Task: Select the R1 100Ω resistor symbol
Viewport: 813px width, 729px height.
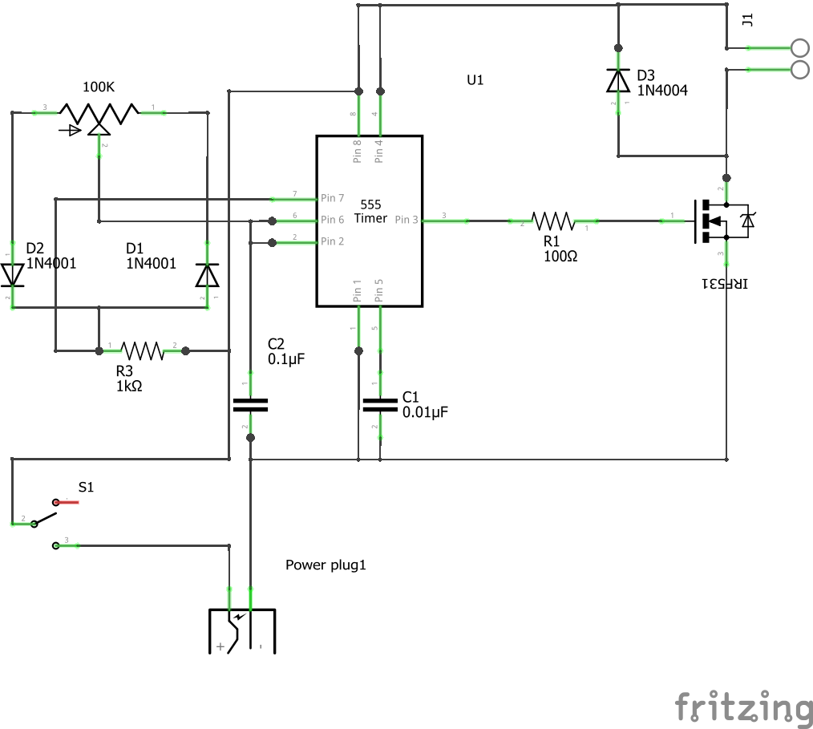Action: coord(553,221)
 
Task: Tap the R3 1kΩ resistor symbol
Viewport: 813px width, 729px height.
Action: coord(142,350)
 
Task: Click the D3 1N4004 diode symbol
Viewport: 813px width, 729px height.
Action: coord(617,80)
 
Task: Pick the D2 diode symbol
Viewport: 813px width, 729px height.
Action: coord(12,274)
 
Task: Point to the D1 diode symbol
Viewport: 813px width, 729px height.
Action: coord(207,274)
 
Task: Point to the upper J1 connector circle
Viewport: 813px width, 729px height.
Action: coord(800,47)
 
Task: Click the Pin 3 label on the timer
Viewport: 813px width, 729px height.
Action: coord(406,220)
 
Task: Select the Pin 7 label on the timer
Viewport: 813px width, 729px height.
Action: coord(332,198)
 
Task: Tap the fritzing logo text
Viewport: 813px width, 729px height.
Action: coord(742,707)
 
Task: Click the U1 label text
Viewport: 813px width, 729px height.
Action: coord(475,80)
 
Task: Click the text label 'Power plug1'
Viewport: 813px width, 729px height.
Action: coord(326,565)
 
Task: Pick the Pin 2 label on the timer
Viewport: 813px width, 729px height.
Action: coord(332,241)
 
